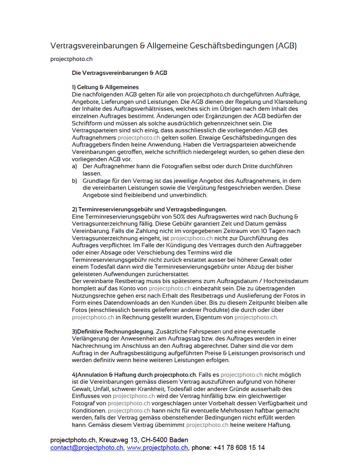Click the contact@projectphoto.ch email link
87,448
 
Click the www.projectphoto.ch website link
157,448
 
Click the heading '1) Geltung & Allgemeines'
105,87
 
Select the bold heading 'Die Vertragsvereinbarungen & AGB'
119,73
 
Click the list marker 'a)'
74,166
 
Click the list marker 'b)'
74,181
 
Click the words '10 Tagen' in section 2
274,231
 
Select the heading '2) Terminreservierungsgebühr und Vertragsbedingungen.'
149,209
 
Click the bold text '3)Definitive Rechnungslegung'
113,331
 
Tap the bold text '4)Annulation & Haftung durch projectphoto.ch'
134,375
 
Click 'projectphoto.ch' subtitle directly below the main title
71,59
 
